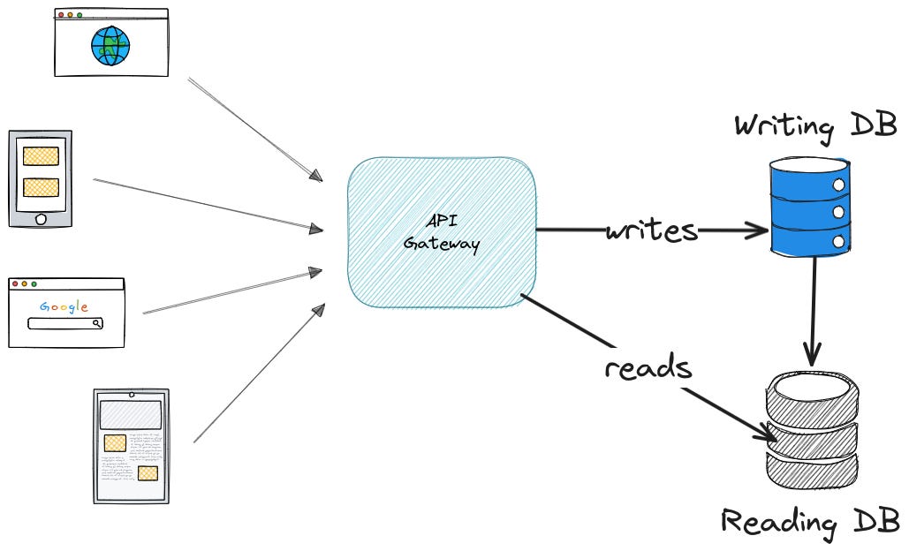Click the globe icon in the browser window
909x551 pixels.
click(x=110, y=45)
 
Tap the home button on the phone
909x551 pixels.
click(x=40, y=218)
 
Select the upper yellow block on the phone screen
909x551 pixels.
click(x=41, y=156)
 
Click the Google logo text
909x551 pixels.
click(x=64, y=306)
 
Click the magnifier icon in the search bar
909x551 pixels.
click(x=97, y=323)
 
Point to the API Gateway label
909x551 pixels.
click(x=441, y=232)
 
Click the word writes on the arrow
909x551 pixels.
click(x=651, y=231)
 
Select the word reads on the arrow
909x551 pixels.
click(x=647, y=366)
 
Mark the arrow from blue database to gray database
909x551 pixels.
click(x=813, y=309)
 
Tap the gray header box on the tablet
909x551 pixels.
click(x=131, y=413)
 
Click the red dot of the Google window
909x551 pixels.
click(x=15, y=284)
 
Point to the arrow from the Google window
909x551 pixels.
click(x=231, y=291)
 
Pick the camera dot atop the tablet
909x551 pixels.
click(x=132, y=394)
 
